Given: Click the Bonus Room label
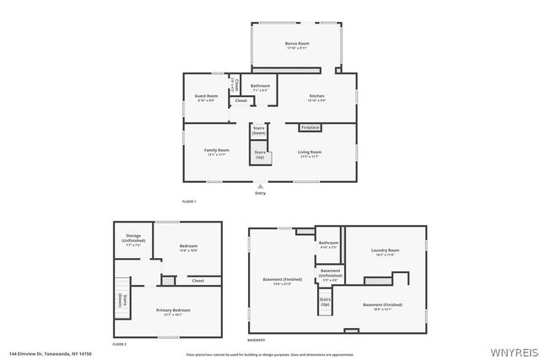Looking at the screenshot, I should pyautogui.click(x=296, y=45).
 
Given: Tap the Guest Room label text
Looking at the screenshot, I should pyautogui.click(x=207, y=98).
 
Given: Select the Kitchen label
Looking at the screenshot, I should pyautogui.click(x=316, y=98).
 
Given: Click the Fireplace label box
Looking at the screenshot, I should pyautogui.click(x=310, y=127).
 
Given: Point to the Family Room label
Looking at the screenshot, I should pyautogui.click(x=217, y=152).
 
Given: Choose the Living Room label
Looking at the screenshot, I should pyautogui.click(x=310, y=153).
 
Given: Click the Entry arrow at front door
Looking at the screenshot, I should pyautogui.click(x=260, y=185).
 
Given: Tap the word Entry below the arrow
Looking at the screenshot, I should pyautogui.click(x=260, y=193).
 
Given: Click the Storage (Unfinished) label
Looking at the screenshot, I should pyautogui.click(x=133, y=239).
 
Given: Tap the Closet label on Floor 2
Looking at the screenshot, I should pyautogui.click(x=197, y=281).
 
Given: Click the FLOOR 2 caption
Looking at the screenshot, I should pyautogui.click(x=119, y=344).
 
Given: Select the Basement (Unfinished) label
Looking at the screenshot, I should pyautogui.click(x=330, y=274).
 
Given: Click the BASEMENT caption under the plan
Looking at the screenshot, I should pyautogui.click(x=256, y=340).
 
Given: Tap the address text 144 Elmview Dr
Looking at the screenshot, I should pyautogui.click(x=50, y=354).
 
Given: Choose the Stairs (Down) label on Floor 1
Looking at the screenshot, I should pyautogui.click(x=259, y=131).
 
